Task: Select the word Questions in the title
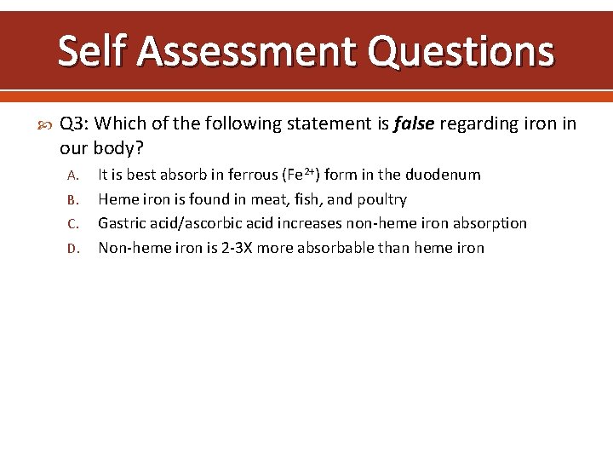click(x=461, y=51)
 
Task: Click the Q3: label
click(x=77, y=124)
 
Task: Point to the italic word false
click(x=414, y=124)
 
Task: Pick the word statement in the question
click(x=329, y=124)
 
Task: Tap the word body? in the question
click(x=118, y=148)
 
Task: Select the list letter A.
click(x=73, y=175)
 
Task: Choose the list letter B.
click(x=73, y=200)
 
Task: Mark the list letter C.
click(x=73, y=224)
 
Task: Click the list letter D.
click(x=73, y=249)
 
